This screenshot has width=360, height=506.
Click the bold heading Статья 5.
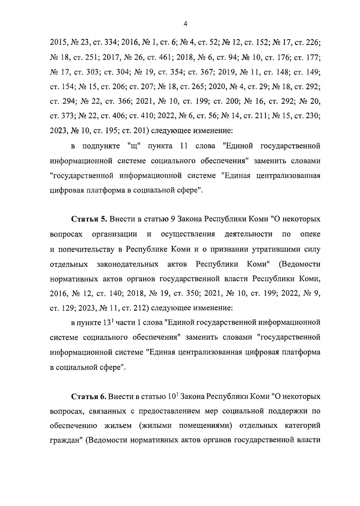pyautogui.click(x=89, y=219)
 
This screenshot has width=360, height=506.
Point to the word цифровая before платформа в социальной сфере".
pyautogui.click(x=64, y=190)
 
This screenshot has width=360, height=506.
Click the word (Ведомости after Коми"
pyautogui.click(x=299, y=264)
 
